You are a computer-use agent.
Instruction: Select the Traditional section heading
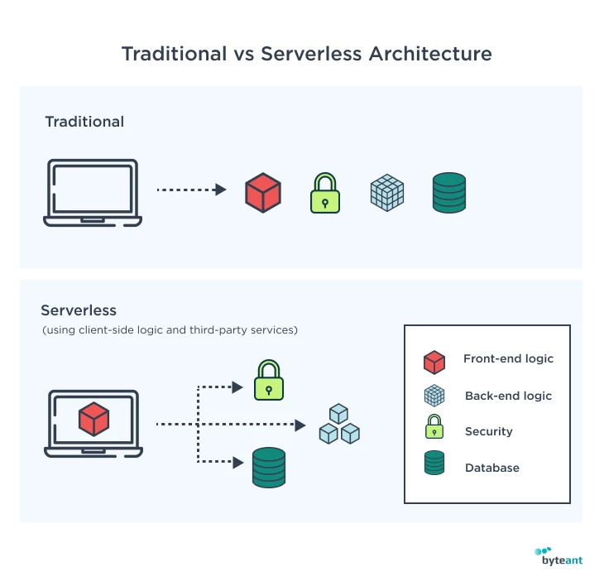coord(84,122)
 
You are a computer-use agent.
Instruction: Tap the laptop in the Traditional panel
coord(93,193)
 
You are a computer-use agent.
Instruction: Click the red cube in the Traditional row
coord(263,193)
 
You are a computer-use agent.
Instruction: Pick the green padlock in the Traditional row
coord(325,195)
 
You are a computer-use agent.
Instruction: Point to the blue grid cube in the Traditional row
coord(386,193)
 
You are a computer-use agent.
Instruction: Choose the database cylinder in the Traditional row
coord(449,193)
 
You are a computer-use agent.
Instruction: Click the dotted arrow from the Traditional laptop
coord(191,190)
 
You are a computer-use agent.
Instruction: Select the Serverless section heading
coord(79,310)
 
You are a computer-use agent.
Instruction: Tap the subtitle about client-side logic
coord(170,330)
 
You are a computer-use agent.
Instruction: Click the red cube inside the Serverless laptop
coord(93,419)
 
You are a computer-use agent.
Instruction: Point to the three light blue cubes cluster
coord(339,425)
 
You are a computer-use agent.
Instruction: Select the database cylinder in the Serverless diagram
coord(268,468)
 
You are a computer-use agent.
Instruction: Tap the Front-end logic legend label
coord(508,359)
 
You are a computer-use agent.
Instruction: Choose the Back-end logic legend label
coord(508,396)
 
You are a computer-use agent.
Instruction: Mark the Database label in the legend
coord(492,468)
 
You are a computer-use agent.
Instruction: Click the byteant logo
coord(558,556)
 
